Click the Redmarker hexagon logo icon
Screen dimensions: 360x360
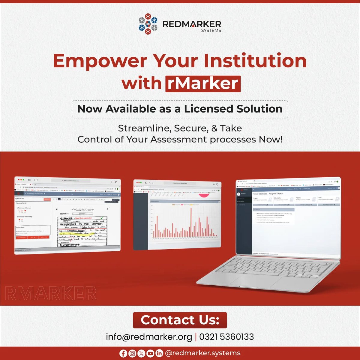148,24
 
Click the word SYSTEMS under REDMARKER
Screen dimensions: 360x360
211,30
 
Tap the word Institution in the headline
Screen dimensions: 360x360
255,61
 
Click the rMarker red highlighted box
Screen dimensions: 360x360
203,83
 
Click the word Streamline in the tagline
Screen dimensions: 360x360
144,128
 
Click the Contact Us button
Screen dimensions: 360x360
180,320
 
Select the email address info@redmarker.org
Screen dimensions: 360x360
149,337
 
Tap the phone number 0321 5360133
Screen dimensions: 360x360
226,337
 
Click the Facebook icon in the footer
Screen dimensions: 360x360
123,353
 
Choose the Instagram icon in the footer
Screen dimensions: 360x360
132,353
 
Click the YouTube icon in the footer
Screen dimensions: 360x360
150,353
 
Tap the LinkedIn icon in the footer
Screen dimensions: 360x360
159,353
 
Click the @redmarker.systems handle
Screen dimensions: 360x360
203,353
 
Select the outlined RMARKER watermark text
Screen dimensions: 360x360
50,293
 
